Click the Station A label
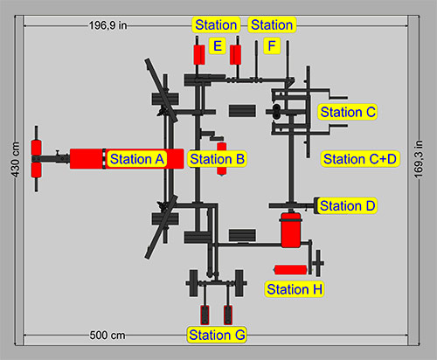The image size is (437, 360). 136,159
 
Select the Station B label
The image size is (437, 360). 217,159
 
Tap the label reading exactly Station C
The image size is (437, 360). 347,112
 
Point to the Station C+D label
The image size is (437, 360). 359,159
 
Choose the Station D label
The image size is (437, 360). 347,206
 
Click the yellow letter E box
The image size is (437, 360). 217,45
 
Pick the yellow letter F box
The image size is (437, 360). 272,45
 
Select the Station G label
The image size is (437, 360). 217,335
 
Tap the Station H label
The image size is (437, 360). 294,289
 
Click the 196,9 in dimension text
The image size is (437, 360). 109,25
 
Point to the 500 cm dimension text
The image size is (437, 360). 109,336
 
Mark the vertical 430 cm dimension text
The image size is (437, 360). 14,159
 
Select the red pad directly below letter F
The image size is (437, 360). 235,54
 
